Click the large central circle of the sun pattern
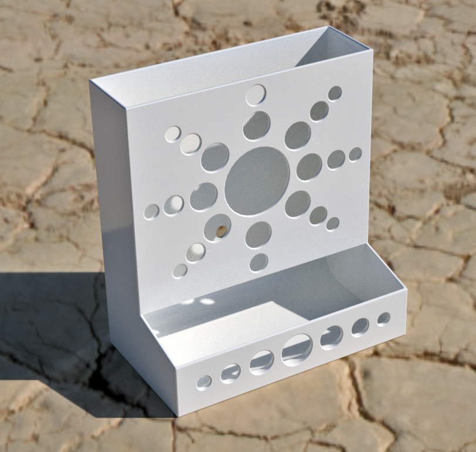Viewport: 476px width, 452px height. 257,180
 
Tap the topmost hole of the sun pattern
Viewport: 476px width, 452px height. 256,95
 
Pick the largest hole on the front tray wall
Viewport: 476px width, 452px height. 297,350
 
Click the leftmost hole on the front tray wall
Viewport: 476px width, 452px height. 204,383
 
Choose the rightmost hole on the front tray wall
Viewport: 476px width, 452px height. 383,319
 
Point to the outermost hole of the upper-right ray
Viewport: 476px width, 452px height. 335,93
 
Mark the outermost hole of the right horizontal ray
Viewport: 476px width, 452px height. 355,154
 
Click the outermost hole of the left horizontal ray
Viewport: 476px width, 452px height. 152,211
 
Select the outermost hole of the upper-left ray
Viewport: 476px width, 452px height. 172,134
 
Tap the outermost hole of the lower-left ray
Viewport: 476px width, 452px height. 180,271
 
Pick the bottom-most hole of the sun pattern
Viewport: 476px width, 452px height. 259,262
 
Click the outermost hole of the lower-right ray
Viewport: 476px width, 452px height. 332,224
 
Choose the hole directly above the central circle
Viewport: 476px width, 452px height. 257,126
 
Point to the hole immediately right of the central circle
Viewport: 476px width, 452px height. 309,167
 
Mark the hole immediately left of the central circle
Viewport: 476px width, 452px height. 203,197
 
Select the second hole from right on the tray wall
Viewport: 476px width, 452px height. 360,327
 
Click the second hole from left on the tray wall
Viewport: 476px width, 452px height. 230,373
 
